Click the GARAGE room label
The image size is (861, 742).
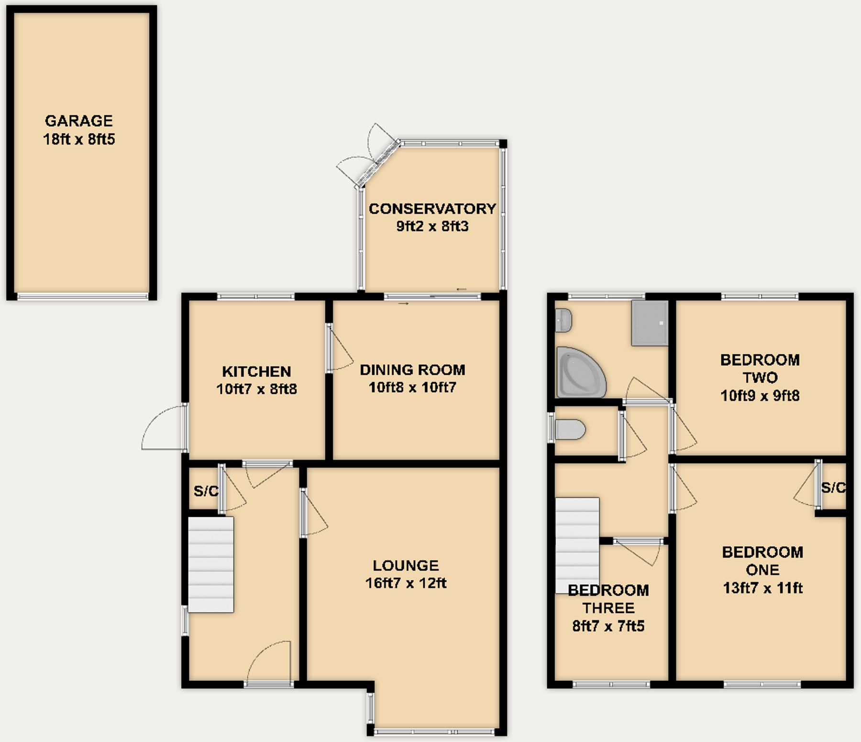tap(79, 120)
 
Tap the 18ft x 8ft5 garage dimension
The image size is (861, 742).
tap(79, 140)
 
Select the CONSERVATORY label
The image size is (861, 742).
tap(432, 209)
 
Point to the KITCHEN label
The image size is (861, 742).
tap(256, 371)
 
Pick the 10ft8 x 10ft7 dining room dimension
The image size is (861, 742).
tap(412, 387)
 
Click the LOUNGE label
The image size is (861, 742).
tap(406, 566)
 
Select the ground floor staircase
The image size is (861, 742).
tap(210, 564)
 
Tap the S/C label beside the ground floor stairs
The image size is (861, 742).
tap(206, 491)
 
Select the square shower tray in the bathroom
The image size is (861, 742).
tap(649, 323)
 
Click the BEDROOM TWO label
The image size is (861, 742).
tap(760, 369)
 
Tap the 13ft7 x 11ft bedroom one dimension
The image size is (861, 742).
tap(762, 588)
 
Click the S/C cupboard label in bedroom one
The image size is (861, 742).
tap(833, 488)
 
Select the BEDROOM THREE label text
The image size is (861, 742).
tap(608, 599)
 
